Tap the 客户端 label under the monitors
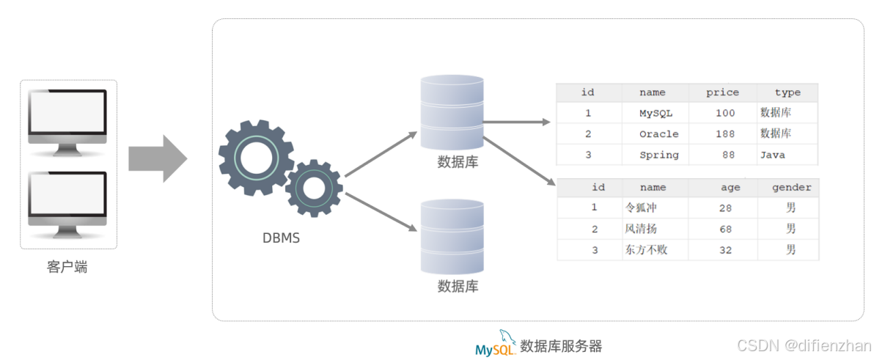67,268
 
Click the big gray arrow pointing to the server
157,158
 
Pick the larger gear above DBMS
256,158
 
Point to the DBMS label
281,238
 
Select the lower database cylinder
452,236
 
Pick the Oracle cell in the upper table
658,134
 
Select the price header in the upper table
722,92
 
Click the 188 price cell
724,134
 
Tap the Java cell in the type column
773,155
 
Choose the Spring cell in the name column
658,155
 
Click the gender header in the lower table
791,188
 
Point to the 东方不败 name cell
646,250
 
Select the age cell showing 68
725,229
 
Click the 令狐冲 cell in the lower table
641,208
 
